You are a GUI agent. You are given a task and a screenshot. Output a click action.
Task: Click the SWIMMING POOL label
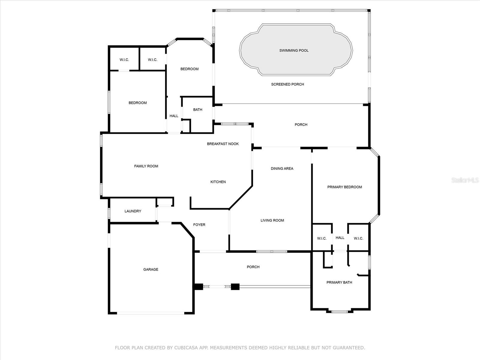coord(294,50)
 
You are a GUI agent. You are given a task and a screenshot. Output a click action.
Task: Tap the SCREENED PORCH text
coord(287,84)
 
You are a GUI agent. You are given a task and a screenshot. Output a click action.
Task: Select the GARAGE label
coord(151,269)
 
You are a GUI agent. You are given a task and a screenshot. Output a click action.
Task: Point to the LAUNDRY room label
coord(133,211)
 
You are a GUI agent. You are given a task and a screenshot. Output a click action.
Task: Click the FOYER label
coord(199,225)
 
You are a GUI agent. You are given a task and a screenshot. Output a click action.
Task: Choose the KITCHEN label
coord(218,182)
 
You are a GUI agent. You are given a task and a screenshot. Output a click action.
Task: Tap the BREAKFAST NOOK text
coord(223,144)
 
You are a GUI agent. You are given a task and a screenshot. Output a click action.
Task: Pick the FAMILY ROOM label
coord(146,166)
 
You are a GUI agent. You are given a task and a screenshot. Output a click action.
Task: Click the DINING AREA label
coord(282,169)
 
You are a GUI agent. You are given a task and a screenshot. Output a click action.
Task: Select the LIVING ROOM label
coord(272,220)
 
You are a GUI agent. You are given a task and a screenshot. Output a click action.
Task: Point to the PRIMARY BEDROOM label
coord(344,187)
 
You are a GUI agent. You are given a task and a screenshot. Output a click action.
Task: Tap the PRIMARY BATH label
coord(339,282)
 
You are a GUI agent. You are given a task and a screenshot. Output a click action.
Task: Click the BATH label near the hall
coord(197,110)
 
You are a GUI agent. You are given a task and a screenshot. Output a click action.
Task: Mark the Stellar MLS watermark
coord(465,180)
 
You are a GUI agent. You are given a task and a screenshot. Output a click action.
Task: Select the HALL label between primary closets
coord(340,238)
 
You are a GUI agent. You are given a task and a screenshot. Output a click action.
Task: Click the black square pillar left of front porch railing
coord(199,287)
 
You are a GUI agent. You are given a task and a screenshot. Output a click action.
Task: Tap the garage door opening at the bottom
coord(151,313)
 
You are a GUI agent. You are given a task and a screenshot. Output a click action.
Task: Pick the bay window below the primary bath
coord(340,311)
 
